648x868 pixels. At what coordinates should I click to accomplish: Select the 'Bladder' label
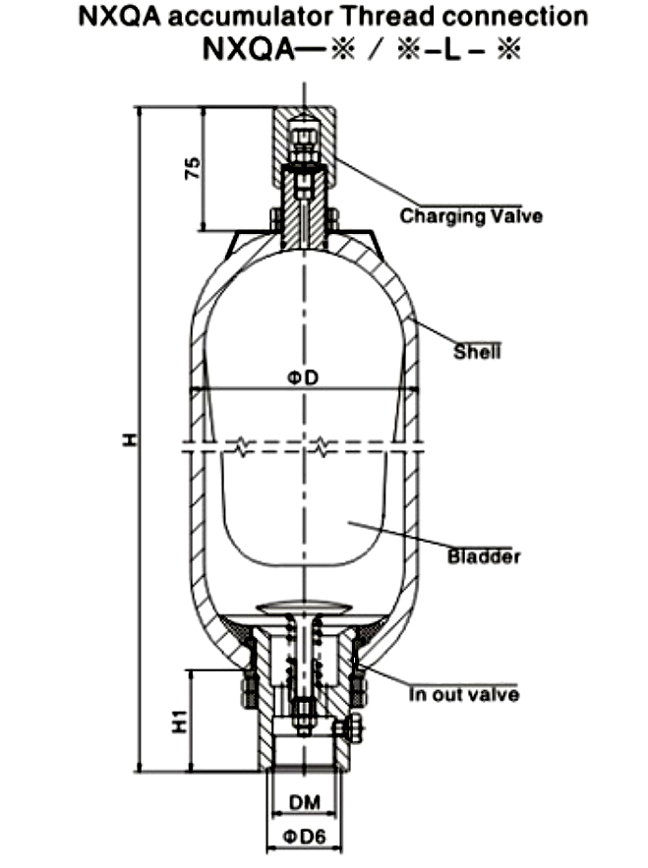(483, 557)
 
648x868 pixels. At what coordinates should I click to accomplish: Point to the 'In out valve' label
(463, 696)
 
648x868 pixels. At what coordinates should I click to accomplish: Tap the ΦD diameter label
(306, 376)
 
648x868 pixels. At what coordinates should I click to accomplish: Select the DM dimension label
(305, 803)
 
